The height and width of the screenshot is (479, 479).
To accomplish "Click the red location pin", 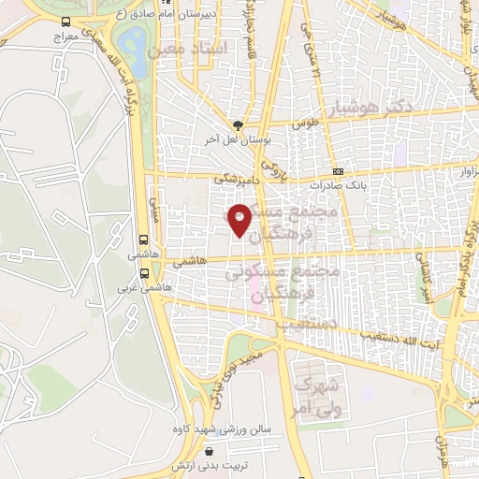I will [x=240, y=217].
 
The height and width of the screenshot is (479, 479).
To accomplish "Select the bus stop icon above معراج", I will [x=65, y=21].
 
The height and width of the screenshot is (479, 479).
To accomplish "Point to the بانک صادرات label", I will [x=340, y=184].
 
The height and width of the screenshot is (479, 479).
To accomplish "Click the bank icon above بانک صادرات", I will [x=338, y=171].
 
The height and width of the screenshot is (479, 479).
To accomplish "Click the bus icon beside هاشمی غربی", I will [x=144, y=274].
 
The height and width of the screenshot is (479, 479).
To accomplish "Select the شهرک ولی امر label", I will [x=315, y=392].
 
